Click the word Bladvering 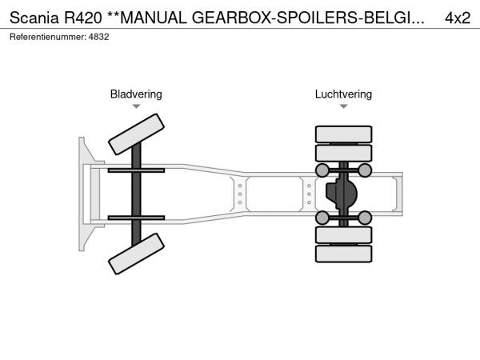click(x=136, y=94)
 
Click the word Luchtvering click(x=343, y=94)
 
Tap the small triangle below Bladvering click(x=136, y=106)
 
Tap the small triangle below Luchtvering click(x=343, y=106)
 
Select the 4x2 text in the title click(x=457, y=17)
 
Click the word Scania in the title click(x=31, y=17)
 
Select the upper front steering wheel click(x=136, y=133)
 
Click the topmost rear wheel click(x=343, y=134)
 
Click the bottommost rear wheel click(x=343, y=254)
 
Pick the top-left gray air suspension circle click(x=322, y=170)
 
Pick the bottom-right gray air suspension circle click(x=365, y=218)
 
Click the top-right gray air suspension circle click(x=365, y=170)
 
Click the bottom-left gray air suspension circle click(x=322, y=218)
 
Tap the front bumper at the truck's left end click(x=82, y=194)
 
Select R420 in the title click(x=79, y=17)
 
